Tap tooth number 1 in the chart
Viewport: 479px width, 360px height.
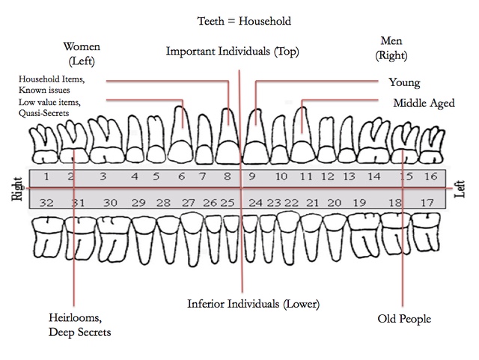coord(46,177)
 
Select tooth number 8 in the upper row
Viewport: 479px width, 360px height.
coord(227,177)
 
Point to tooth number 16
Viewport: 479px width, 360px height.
coord(430,177)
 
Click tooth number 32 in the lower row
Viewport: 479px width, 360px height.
coord(46,202)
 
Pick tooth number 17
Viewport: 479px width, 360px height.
coord(427,202)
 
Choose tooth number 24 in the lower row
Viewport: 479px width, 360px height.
coord(255,202)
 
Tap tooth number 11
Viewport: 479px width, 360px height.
coord(306,177)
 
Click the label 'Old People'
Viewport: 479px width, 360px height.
coord(404,319)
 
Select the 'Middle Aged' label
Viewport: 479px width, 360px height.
coord(423,103)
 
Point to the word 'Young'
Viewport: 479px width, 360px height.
coord(404,82)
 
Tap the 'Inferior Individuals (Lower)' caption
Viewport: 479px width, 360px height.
coord(254,304)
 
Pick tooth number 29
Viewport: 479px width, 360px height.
coord(138,202)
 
